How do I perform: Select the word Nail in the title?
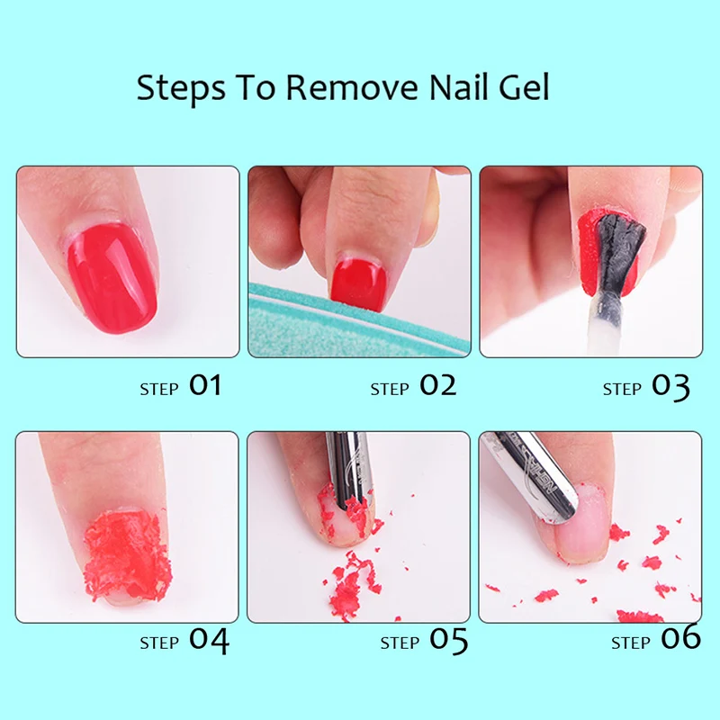pyautogui.click(x=442, y=89)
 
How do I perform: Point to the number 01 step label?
pyautogui.click(x=204, y=386)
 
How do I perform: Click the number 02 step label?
pyautogui.click(x=437, y=386)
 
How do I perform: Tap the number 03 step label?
pyautogui.click(x=670, y=387)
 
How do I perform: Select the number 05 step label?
pyautogui.click(x=448, y=642)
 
